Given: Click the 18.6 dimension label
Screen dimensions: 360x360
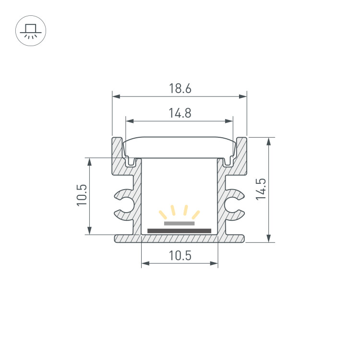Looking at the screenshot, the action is point(180,88).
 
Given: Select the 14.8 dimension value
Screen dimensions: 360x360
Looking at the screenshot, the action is point(180,113).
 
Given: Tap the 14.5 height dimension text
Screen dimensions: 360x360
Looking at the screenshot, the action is point(261,189).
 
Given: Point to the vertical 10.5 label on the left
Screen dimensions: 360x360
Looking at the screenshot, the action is point(82,195).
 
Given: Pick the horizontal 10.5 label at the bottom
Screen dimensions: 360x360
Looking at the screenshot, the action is point(180,255).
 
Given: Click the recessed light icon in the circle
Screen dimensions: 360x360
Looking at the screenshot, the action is point(31,31).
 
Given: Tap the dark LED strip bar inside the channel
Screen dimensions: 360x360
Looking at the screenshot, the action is point(179,231).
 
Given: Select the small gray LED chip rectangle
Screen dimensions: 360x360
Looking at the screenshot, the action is point(179,223).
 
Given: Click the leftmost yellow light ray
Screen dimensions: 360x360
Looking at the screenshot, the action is point(163,215).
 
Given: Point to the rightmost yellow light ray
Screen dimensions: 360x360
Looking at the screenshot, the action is point(196,215).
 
